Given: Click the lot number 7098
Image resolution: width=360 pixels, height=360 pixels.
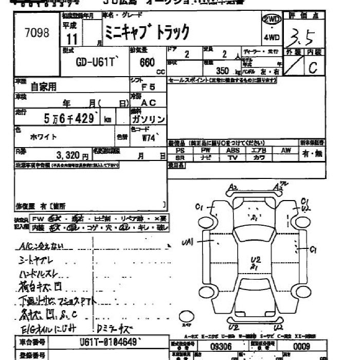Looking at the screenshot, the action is click(x=37, y=33).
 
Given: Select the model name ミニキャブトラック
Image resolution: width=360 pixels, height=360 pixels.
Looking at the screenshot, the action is click(x=147, y=32).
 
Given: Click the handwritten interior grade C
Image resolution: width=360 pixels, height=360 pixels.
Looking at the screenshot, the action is click(x=313, y=68).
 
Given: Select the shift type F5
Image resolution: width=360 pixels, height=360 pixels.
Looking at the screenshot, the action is click(x=148, y=88).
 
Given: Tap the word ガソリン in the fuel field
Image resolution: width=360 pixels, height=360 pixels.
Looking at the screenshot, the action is click(x=149, y=119).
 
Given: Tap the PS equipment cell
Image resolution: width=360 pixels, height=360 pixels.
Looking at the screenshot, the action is click(x=179, y=151).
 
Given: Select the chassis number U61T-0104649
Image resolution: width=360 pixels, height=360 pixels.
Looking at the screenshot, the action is click(x=109, y=342).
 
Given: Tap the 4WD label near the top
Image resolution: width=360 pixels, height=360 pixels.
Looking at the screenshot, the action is click(x=272, y=37).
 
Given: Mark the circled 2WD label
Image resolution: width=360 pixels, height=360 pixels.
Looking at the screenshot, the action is click(x=272, y=19).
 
